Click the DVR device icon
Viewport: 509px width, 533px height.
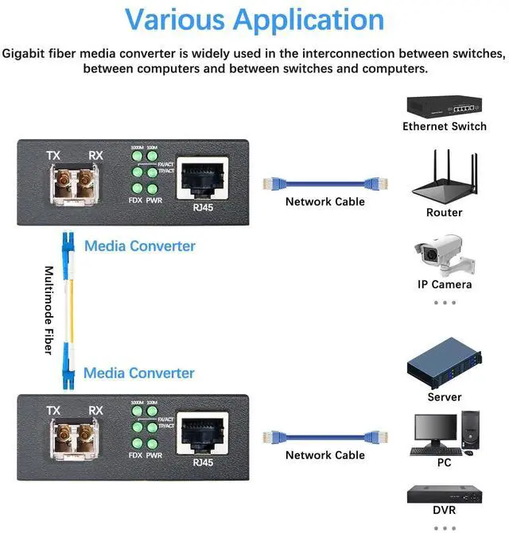(x=444, y=492)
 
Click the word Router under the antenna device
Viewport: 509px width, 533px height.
(x=444, y=213)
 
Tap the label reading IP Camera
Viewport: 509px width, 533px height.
(x=445, y=284)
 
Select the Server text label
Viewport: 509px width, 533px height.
(x=444, y=397)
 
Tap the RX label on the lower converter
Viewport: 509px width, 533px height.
(x=95, y=411)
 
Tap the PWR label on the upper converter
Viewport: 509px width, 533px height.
(x=154, y=201)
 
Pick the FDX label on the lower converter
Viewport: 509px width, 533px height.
(x=134, y=456)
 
